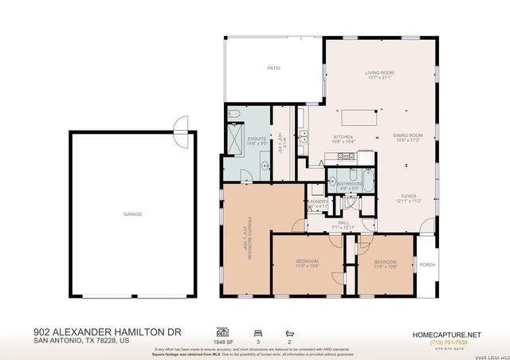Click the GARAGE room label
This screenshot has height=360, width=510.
(x=132, y=214)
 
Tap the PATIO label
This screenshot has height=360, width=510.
(x=273, y=68)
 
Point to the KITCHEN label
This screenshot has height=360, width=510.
(x=343, y=137)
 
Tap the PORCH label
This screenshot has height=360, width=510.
(x=428, y=265)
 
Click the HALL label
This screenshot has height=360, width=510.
(x=343, y=223)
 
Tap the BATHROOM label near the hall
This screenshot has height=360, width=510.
(x=349, y=184)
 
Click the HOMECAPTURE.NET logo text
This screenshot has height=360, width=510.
(x=445, y=335)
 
